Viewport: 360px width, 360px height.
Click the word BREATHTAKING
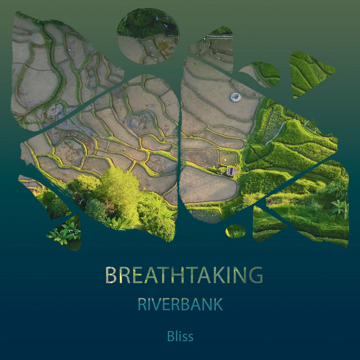pos(184,275)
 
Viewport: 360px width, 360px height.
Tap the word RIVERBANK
pos(180,305)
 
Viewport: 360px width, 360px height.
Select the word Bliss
pos(180,336)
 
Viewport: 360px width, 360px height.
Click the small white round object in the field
pos(235,97)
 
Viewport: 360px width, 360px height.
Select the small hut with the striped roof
pos(231,170)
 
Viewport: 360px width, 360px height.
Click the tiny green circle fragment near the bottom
pos(236,231)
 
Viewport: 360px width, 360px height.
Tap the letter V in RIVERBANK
pos(159,305)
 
